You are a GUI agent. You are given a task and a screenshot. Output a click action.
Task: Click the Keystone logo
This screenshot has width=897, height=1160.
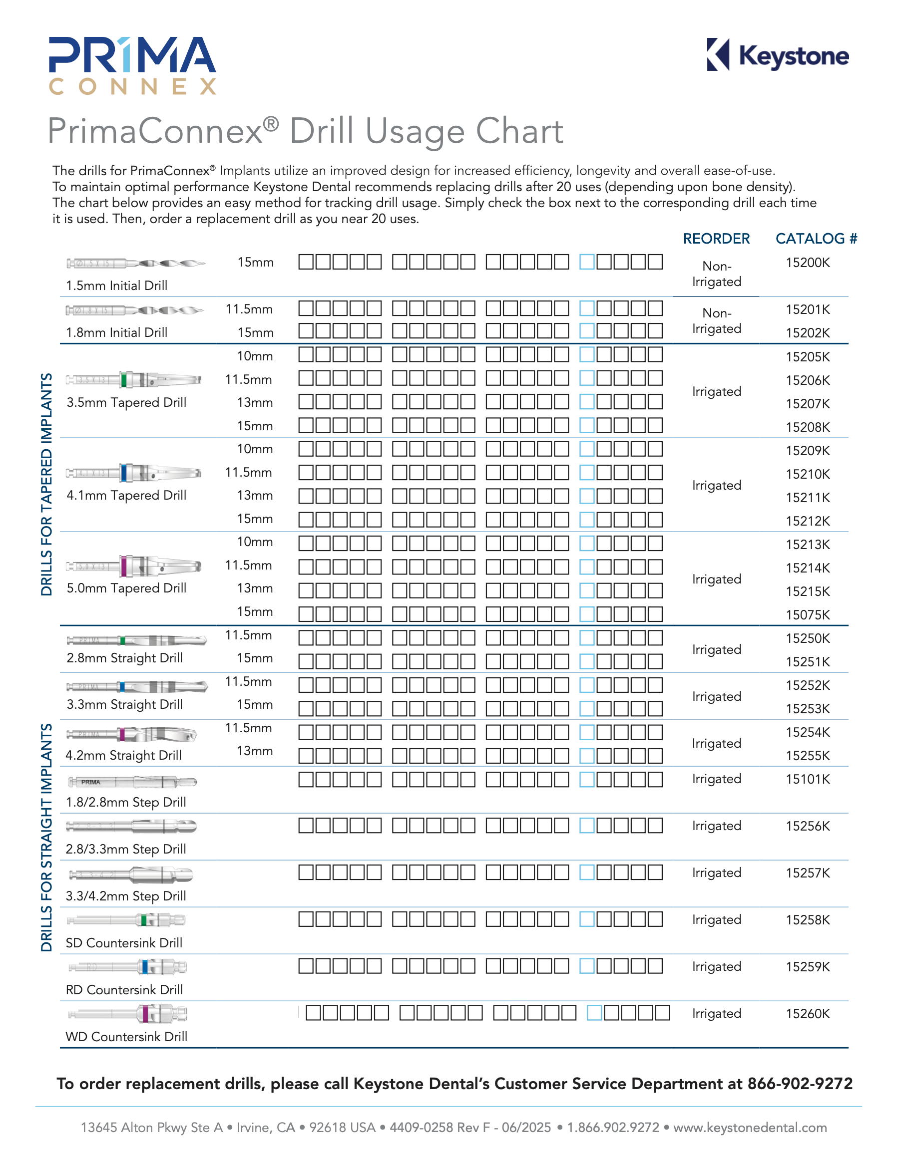point(778,55)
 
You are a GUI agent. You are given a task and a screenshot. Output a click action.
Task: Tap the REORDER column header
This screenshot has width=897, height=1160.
point(716,239)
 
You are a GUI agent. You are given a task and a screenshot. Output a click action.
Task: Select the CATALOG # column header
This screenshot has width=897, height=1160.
point(816,239)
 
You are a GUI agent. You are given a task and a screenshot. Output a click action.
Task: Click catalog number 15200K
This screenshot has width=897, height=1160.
point(807,263)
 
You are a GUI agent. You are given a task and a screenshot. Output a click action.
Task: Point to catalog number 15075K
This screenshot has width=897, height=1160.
point(807,614)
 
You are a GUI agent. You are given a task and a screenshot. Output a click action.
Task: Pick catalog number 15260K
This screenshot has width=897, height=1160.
point(807,1013)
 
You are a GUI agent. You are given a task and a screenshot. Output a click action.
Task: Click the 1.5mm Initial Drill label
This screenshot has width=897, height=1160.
point(116,285)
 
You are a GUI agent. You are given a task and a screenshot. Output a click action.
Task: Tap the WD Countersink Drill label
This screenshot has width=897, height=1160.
point(126,1036)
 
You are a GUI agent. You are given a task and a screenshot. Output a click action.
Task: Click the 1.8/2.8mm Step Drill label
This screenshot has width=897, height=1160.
point(125,802)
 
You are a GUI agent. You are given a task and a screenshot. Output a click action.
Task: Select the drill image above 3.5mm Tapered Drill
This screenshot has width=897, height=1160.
point(133,380)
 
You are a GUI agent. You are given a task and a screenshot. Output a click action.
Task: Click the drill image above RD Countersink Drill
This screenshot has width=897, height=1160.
point(127,967)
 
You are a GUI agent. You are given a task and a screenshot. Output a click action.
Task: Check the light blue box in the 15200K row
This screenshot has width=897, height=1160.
point(587,262)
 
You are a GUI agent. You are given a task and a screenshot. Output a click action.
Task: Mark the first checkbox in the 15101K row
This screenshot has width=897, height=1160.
point(306,779)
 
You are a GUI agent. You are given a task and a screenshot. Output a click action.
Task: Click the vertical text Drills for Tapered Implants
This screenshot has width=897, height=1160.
point(47,484)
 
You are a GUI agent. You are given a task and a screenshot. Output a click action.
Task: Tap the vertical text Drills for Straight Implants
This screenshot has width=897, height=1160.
point(47,837)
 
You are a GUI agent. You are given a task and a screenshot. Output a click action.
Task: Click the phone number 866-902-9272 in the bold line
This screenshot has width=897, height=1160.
point(799,1084)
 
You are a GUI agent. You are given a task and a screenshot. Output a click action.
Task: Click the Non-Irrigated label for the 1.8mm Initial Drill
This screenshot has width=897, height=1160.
point(716,320)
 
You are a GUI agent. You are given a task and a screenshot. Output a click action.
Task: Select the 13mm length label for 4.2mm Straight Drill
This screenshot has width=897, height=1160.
point(255,751)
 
